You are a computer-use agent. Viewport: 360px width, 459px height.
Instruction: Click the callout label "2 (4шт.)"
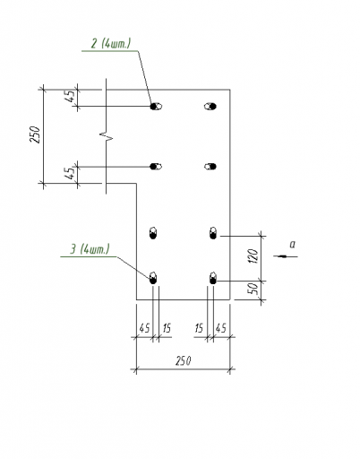click(x=111, y=44)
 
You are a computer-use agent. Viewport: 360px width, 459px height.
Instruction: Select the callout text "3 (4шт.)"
click(x=90, y=249)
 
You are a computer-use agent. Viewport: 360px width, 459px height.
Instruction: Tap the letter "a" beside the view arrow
click(x=293, y=245)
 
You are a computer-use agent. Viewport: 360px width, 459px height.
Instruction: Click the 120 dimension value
click(x=253, y=256)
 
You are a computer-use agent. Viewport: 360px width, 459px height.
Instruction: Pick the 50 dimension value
click(x=253, y=289)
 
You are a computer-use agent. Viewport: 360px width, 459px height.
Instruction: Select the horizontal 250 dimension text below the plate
click(x=183, y=361)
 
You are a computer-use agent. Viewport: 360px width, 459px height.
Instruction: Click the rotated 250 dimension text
click(x=35, y=134)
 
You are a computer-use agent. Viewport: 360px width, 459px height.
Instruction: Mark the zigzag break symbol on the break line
click(x=107, y=136)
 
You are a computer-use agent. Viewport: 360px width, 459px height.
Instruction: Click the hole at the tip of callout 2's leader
click(x=156, y=106)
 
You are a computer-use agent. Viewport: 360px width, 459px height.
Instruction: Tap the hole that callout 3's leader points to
click(x=153, y=278)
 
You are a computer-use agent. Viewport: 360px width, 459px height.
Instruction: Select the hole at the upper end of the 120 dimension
click(x=213, y=233)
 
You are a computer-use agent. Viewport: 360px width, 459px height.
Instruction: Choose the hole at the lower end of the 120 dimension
click(x=213, y=278)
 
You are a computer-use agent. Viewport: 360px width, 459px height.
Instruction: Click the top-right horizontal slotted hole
click(x=210, y=106)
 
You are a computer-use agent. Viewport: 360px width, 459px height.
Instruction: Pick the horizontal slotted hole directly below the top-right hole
click(x=210, y=167)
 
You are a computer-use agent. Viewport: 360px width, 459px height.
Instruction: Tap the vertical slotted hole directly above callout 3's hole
click(x=153, y=233)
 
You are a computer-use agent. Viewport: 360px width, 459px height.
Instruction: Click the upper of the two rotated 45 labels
click(x=71, y=96)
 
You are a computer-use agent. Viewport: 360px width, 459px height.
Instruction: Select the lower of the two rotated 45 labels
click(x=71, y=173)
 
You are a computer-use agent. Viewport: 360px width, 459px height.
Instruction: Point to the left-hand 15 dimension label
click(x=167, y=328)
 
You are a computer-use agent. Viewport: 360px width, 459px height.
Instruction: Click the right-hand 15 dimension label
click(x=199, y=328)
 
